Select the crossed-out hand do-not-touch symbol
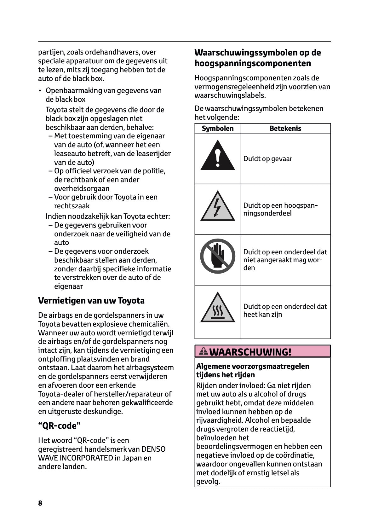click(218, 256)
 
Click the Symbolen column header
click(218, 128)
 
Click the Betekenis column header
click(285, 128)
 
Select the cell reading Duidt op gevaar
click(267, 159)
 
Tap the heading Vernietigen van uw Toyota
click(91, 300)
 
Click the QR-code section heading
click(60, 426)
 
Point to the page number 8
click(40, 503)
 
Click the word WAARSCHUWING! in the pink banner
click(250, 352)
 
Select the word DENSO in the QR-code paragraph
click(153, 449)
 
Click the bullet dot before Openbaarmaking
click(40, 91)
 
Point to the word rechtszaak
click(72, 206)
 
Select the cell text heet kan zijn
click(263, 315)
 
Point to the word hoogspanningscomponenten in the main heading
click(252, 63)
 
